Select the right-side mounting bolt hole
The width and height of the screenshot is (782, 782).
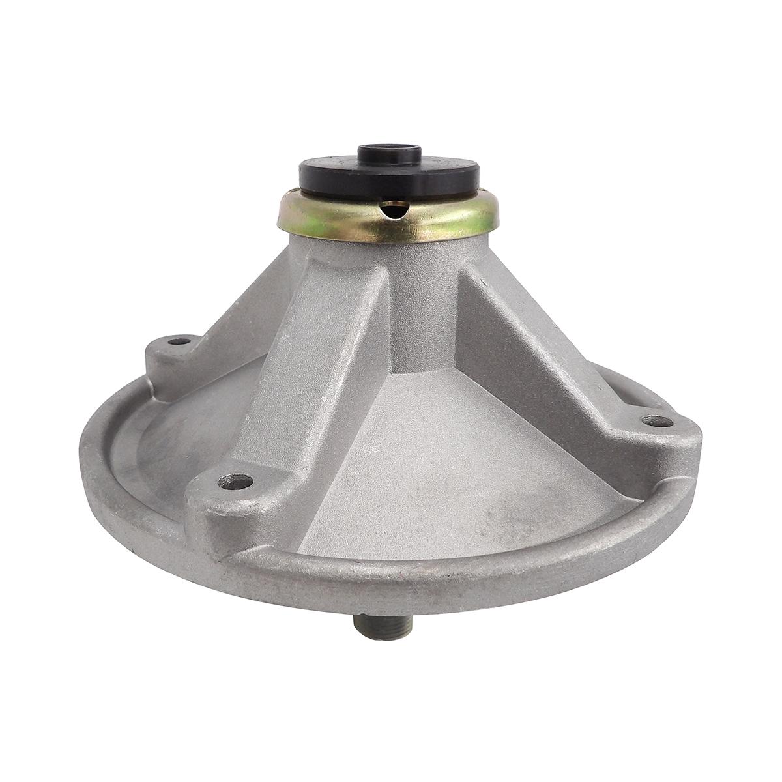point(654,420)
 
